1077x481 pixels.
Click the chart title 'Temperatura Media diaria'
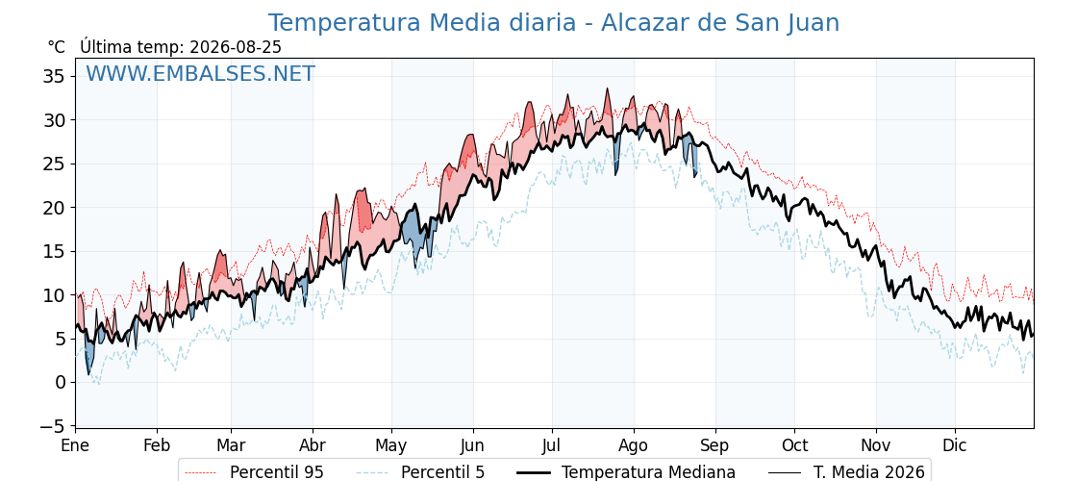click(422, 23)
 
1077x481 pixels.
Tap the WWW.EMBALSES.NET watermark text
click(201, 73)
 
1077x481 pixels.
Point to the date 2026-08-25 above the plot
click(236, 47)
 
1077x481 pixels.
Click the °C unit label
click(57, 47)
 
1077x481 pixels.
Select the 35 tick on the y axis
click(55, 76)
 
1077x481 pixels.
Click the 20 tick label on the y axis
click(55, 208)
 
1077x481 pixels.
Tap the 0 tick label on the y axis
click(61, 383)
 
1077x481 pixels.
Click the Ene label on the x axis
click(75, 446)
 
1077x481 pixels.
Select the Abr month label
click(313, 446)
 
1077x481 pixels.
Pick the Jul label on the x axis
click(552, 446)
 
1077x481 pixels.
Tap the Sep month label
click(715, 446)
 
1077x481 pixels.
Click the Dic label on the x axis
click(955, 446)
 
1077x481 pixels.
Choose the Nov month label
click(876, 446)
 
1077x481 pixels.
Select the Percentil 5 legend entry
click(421, 472)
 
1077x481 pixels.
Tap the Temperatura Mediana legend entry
click(626, 472)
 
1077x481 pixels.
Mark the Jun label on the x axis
click(473, 446)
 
